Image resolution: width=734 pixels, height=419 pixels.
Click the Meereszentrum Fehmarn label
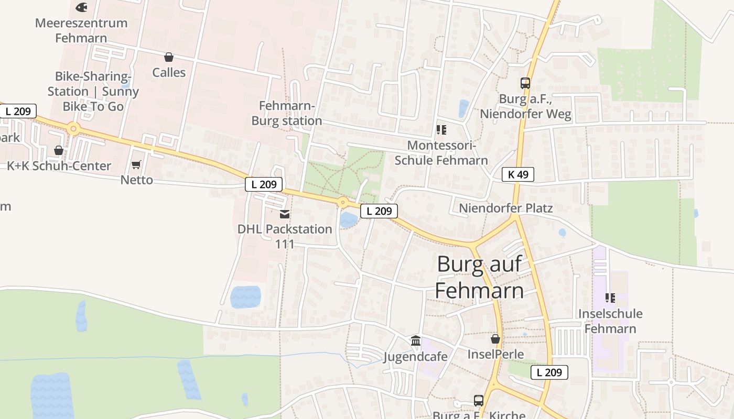click(x=81, y=30)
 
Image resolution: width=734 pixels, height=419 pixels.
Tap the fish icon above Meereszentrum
click(x=81, y=7)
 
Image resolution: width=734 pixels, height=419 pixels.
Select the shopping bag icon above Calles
click(x=169, y=57)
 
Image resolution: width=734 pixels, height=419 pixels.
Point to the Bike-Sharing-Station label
click(x=93, y=91)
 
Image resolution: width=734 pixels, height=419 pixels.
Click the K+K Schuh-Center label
click(x=59, y=166)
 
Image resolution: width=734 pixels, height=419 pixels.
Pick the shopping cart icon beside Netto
click(x=136, y=165)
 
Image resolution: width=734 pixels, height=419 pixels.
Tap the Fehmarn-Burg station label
click(x=286, y=114)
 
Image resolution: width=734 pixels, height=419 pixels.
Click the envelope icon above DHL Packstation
click(x=285, y=214)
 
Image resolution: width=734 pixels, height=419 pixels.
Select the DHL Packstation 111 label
click(x=285, y=236)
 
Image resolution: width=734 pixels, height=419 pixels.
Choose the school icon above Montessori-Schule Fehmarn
click(x=441, y=129)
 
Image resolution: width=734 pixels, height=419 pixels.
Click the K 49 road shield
click(x=518, y=174)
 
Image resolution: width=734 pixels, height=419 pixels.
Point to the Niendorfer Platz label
click(x=506, y=208)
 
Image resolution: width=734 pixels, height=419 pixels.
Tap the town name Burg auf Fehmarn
click(x=479, y=277)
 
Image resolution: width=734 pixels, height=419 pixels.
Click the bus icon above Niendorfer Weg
click(x=525, y=83)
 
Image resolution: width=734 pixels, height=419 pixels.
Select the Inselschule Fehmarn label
click(x=610, y=321)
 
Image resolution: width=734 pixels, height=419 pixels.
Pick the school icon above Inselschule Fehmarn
click(x=610, y=298)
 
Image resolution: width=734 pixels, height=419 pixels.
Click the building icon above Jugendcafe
click(x=416, y=341)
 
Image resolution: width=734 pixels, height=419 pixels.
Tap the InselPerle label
click(x=495, y=355)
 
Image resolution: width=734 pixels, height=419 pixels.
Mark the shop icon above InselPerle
click(x=495, y=339)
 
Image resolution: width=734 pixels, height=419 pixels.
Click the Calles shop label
click(x=169, y=72)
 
